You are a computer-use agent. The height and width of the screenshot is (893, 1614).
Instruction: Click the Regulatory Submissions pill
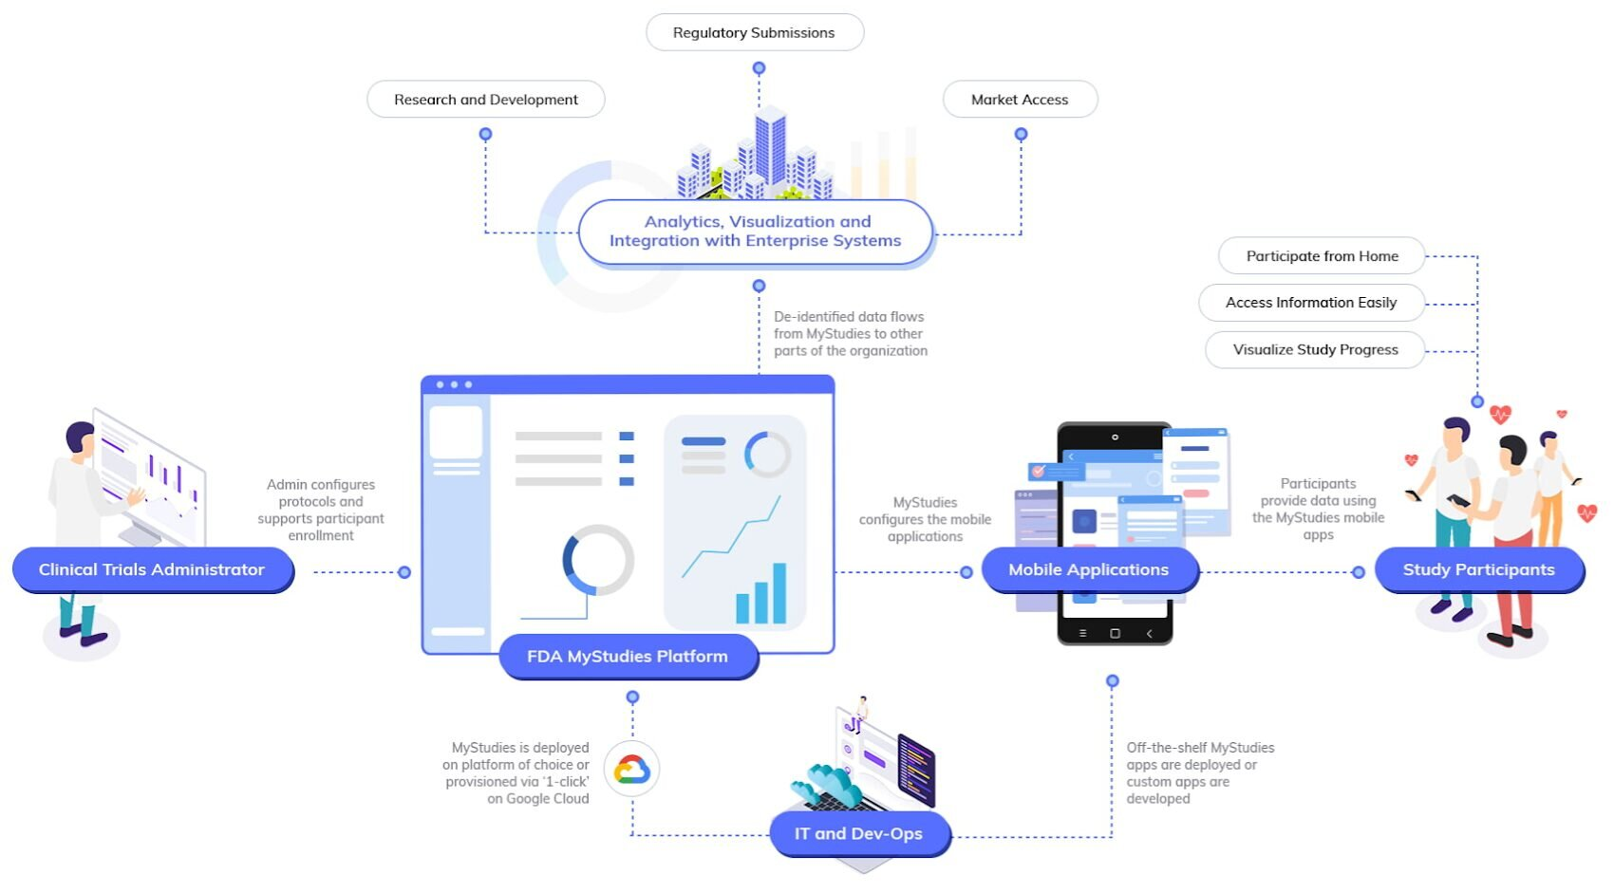point(754,32)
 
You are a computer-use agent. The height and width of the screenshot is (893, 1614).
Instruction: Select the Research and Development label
point(485,100)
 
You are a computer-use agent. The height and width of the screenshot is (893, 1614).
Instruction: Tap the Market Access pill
point(1020,100)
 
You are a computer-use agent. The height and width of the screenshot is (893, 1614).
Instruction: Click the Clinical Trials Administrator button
point(152,569)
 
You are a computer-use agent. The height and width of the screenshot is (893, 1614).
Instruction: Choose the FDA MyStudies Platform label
point(628,657)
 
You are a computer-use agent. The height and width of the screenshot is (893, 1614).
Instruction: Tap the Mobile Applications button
point(1088,569)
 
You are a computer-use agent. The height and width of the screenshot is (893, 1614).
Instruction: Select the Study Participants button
point(1478,569)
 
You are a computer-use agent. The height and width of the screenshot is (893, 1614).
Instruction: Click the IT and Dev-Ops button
point(858,833)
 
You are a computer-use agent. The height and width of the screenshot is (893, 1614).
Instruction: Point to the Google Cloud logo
point(631,769)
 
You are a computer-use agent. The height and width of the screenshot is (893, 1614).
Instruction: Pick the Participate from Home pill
point(1322,256)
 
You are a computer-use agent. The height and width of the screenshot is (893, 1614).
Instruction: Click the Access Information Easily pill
point(1311,303)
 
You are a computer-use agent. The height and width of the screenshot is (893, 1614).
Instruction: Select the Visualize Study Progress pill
point(1315,349)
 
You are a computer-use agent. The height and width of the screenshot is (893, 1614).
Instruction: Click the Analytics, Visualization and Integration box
point(756,232)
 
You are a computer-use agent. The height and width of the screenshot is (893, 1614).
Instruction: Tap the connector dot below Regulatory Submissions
point(759,68)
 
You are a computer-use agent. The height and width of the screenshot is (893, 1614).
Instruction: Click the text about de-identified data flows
point(850,334)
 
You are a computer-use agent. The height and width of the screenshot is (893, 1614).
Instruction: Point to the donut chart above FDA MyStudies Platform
point(597,560)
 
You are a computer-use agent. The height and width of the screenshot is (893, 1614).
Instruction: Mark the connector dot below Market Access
point(1021,135)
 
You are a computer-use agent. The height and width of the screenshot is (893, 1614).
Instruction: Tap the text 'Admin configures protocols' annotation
point(321,510)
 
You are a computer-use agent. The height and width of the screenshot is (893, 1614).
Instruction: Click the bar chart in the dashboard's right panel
point(761,595)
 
